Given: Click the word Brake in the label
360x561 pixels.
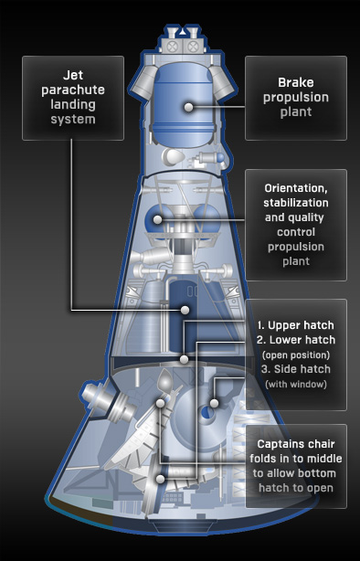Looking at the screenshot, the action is pyautogui.click(x=296, y=82).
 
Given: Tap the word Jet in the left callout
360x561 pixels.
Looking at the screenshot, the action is pyautogui.click(x=73, y=75).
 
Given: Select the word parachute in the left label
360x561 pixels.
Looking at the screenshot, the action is pyautogui.click(x=73, y=90).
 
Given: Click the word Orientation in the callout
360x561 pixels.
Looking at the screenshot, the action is pyautogui.click(x=296, y=188).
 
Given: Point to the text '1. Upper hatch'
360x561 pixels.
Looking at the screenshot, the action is pyautogui.click(x=296, y=325).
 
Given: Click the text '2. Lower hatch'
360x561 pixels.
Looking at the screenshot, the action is pyautogui.click(x=296, y=340).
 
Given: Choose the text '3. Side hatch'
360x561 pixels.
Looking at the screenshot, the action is pyautogui.click(x=296, y=369).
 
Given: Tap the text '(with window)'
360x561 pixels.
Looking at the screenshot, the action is pyautogui.click(x=296, y=385).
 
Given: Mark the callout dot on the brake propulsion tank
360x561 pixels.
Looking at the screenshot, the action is pyautogui.click(x=188, y=107).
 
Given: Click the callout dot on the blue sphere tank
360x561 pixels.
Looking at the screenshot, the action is pyautogui.click(x=158, y=219).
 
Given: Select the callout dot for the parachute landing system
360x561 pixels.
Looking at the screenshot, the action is pyautogui.click(x=185, y=310).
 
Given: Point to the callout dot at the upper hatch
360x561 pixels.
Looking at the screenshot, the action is pyautogui.click(x=184, y=360).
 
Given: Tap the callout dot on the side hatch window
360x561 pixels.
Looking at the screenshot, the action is pyautogui.click(x=214, y=403).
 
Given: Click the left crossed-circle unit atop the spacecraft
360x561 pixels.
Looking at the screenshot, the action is pyautogui.click(x=173, y=46).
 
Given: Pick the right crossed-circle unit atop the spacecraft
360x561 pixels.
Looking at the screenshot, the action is pyautogui.click(x=193, y=46).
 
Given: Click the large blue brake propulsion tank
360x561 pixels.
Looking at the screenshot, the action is pyautogui.click(x=182, y=104).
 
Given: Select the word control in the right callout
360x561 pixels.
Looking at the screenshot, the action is pyautogui.click(x=296, y=232).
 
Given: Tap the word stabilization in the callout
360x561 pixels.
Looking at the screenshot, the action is pyautogui.click(x=296, y=203).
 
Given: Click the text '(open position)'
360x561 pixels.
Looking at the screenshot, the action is pyautogui.click(x=296, y=355).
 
